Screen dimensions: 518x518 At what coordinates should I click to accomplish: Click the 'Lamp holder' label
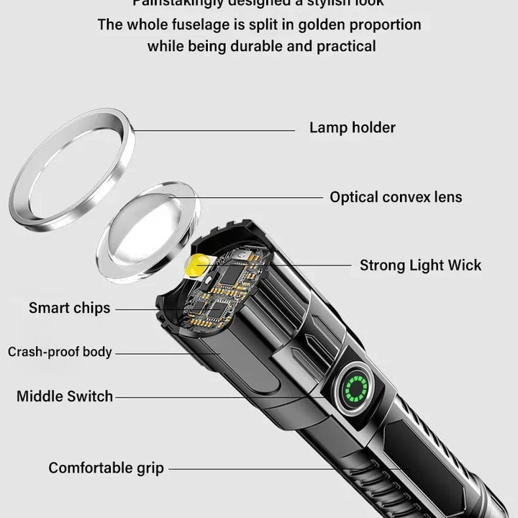point(352,128)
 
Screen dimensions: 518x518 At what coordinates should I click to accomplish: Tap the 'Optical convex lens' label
point(396,197)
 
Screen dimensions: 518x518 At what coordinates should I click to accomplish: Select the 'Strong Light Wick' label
point(420,265)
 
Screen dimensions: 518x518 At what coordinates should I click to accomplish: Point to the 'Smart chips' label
point(70,308)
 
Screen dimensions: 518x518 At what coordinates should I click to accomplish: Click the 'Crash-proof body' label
point(60,352)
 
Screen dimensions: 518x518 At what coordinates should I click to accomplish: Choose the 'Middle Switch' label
point(65,396)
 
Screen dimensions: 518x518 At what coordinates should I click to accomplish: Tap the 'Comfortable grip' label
point(106,468)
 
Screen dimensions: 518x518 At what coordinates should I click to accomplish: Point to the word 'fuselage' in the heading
point(189,24)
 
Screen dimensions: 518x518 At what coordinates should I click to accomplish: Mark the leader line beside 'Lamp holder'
point(216,130)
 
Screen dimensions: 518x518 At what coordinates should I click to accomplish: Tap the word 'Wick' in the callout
point(464,265)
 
